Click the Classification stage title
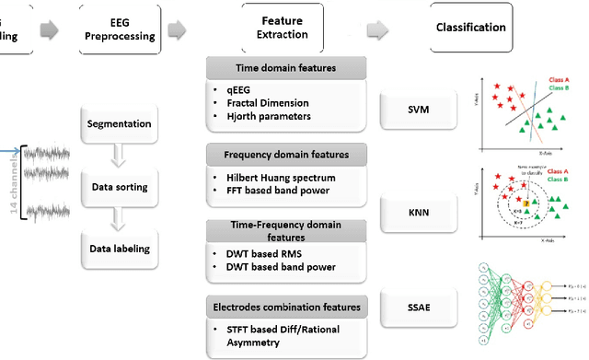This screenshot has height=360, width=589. coord(470,28)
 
